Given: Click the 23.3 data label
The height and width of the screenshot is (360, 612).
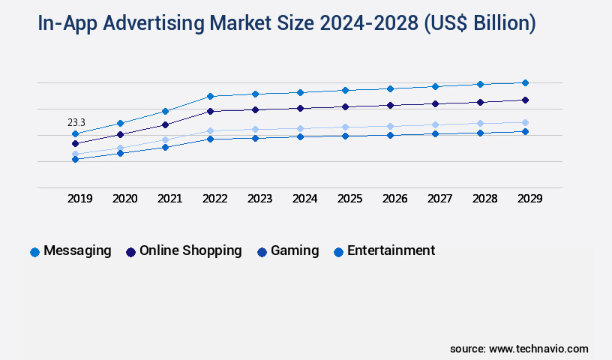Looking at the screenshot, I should [76, 122].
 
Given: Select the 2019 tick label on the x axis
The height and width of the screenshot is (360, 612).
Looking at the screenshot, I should [80, 199].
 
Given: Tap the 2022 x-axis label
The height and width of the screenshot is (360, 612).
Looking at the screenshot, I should [214, 199].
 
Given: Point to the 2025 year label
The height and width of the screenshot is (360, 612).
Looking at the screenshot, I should [349, 199].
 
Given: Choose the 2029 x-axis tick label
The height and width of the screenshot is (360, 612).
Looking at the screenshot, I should [528, 199].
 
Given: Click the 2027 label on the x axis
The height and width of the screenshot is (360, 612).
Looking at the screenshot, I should [439, 199].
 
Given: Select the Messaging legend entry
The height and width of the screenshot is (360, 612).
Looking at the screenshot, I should [71, 251].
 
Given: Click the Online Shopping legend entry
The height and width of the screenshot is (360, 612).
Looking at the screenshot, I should [184, 251].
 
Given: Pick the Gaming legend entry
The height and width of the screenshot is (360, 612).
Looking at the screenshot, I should [288, 251].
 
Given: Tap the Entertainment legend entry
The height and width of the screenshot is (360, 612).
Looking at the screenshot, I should [384, 251].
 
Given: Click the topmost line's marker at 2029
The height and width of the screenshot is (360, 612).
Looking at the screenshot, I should [525, 82].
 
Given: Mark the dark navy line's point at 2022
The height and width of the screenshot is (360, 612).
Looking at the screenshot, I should [210, 111].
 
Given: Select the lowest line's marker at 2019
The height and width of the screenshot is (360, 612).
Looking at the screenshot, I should [75, 159].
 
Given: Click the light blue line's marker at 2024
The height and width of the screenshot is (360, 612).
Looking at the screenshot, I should [300, 128].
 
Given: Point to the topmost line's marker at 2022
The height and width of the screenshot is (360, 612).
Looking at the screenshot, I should [210, 96].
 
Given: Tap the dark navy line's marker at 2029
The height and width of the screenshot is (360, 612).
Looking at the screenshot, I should [525, 100].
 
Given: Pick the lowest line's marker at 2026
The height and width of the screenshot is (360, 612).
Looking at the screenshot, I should [390, 135].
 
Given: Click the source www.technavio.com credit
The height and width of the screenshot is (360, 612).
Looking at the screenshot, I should [519, 349].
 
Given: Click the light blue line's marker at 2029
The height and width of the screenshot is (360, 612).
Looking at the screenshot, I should [525, 122].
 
